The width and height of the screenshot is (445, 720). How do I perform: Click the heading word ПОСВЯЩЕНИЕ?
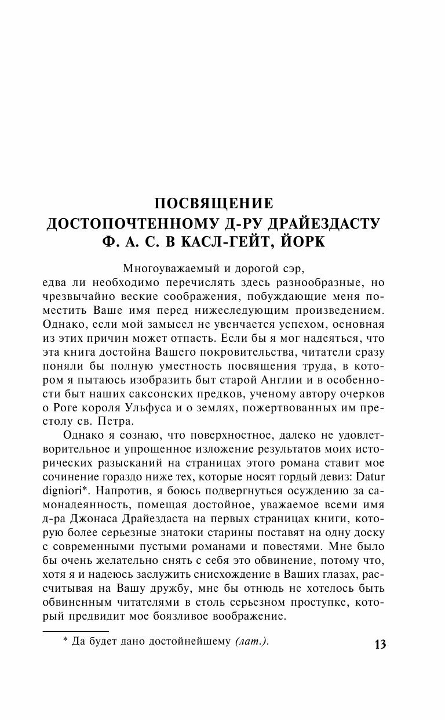click(213, 204)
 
